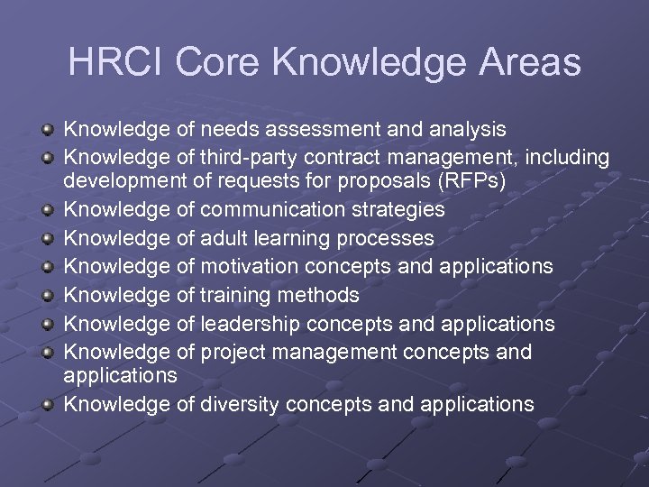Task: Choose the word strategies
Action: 399,210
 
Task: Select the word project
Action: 230,351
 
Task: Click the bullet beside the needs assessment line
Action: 50,130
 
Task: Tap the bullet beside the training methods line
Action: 50,295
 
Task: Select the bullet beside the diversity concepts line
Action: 50,404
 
